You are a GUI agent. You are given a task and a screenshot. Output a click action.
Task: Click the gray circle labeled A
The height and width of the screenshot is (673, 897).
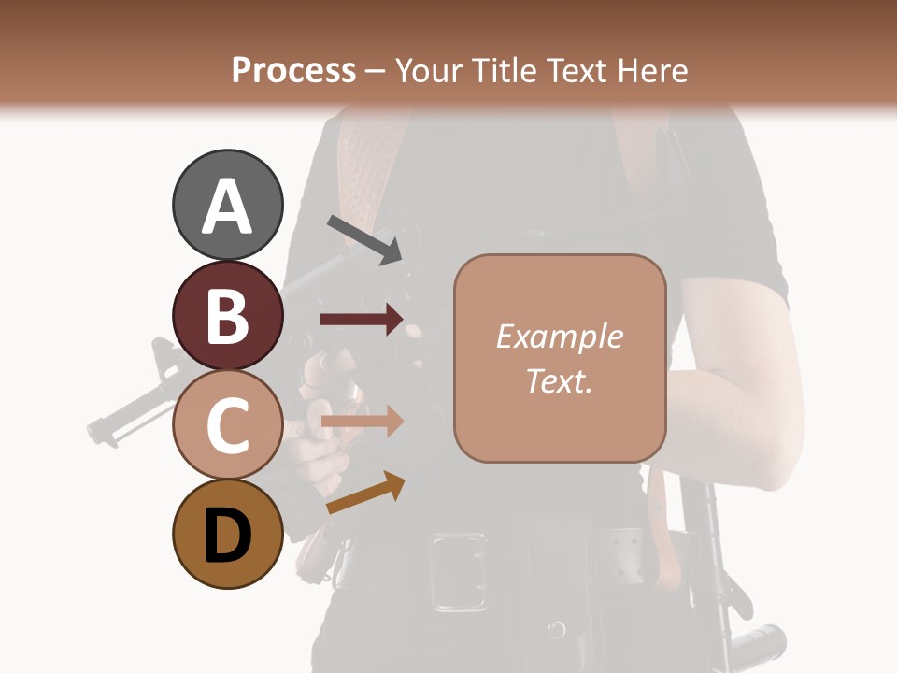tap(227, 206)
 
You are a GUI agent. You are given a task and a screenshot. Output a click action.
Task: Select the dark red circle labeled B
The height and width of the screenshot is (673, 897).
tap(227, 315)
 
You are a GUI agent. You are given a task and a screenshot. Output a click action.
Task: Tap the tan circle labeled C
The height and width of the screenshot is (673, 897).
tap(227, 424)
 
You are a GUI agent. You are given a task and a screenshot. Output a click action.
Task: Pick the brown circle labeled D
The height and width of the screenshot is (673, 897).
tap(227, 534)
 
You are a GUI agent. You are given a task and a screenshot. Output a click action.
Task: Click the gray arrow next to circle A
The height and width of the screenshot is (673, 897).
tap(364, 239)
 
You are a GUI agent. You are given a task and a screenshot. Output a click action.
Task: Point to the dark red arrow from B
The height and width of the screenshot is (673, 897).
tap(362, 320)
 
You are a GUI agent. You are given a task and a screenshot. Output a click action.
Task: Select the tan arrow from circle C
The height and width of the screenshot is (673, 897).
tap(362, 422)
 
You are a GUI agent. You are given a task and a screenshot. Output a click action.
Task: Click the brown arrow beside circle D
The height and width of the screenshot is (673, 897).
tap(365, 493)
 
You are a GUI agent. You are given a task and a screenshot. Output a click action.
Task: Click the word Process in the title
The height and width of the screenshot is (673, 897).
tap(293, 71)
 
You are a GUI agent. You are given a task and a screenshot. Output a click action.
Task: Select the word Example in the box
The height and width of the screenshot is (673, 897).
tap(559, 336)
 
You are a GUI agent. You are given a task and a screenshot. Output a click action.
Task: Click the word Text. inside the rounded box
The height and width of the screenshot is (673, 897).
tap(559, 380)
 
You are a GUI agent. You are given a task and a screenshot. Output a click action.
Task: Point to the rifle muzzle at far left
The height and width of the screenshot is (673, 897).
tap(97, 430)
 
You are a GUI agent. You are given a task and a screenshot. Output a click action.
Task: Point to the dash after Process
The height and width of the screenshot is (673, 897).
tap(376, 71)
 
